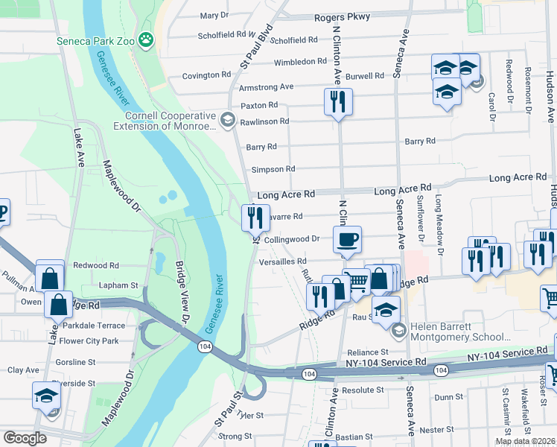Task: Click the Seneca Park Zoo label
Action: coord(95,41)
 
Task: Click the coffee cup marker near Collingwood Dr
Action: coord(347,239)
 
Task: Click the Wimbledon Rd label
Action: coord(300,62)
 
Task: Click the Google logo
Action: coord(24,438)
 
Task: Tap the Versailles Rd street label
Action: coord(281,261)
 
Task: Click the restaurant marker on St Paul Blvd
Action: coord(255,217)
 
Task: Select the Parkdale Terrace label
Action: coord(94,326)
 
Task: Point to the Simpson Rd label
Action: coord(273,169)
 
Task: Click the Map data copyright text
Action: coord(525,441)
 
